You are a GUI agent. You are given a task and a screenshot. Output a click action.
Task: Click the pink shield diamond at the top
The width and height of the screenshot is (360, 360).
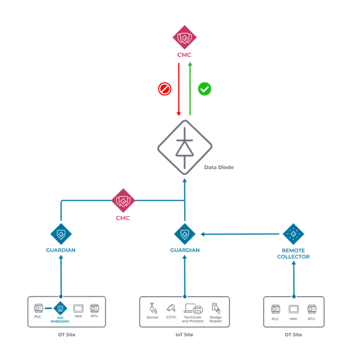(184, 38)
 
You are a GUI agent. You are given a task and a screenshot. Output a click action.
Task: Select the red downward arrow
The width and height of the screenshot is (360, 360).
(178, 90)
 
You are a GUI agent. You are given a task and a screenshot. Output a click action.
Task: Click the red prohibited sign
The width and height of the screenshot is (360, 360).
(165, 89)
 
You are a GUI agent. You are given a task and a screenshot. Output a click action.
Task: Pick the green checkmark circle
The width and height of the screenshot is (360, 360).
(205, 89)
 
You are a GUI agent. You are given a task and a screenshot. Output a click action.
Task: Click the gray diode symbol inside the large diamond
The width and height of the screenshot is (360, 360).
(184, 148)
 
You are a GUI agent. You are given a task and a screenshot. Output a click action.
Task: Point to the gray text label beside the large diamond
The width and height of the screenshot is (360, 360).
(218, 167)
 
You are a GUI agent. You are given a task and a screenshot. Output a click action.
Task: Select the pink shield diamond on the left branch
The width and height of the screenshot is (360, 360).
(123, 201)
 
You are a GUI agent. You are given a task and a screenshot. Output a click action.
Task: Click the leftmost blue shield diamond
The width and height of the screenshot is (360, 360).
(61, 234)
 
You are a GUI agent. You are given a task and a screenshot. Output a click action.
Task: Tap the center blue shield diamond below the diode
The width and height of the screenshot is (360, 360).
(184, 234)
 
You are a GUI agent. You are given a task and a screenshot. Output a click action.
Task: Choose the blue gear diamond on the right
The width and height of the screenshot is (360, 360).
(293, 234)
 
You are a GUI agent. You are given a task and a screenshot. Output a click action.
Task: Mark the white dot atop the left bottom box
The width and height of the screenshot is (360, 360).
(61, 296)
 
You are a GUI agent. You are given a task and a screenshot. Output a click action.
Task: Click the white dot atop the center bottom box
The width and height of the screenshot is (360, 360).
(184, 296)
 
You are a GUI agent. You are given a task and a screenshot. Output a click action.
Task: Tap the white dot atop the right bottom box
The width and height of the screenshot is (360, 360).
(293, 296)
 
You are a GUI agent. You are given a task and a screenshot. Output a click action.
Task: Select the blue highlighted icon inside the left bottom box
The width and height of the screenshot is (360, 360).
(60, 309)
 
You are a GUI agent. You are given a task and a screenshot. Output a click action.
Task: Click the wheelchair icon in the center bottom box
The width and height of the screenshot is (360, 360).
(153, 309)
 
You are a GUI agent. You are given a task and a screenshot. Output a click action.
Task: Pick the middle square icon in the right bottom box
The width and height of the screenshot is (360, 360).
(293, 309)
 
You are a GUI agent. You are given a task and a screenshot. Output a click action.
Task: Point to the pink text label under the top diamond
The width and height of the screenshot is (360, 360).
(184, 54)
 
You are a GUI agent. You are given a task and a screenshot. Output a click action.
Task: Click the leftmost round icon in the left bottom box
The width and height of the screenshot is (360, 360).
(40, 309)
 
